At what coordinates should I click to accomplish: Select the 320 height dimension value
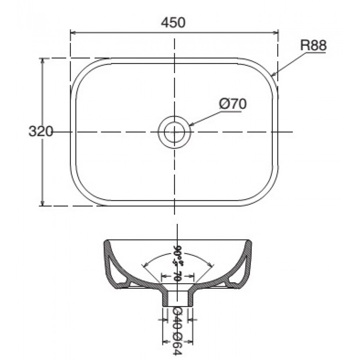(x=41, y=132)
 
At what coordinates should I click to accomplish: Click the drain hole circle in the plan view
(x=175, y=132)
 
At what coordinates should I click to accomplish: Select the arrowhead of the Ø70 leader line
(x=191, y=125)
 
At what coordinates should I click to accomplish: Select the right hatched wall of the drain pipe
(x=189, y=298)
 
